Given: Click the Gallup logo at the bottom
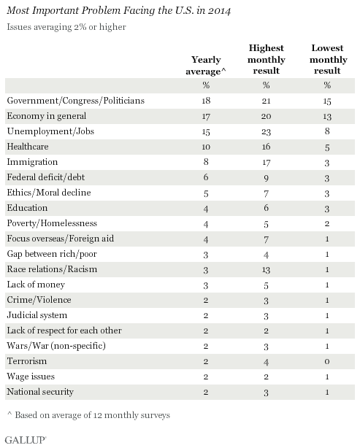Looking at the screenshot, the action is point(26,440).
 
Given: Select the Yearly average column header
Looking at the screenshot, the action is point(206,65).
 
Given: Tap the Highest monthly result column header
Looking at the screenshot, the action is point(267,59).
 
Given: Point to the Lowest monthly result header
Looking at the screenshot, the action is point(328,59).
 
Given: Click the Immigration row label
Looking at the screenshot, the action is point(32,162).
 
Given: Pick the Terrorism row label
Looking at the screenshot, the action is point(27,361).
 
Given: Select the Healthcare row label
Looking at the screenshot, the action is point(28,147).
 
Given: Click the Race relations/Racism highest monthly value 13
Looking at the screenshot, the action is point(267,270).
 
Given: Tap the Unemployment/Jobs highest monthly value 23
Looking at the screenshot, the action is point(267,132).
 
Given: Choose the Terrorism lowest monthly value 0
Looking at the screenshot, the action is point(327,362).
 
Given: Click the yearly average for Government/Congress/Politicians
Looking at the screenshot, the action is point(206,101).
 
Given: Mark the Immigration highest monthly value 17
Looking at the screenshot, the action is point(267,162).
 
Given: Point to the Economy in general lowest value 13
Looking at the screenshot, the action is point(327,116).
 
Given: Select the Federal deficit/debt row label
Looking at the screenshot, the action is point(46,177).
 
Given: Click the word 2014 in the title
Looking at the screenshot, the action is point(219,11).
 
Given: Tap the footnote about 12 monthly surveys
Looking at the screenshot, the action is point(88,415).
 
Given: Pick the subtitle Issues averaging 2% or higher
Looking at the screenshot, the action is point(66,27).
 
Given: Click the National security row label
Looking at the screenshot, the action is point(40,392).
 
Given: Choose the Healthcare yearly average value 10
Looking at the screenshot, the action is point(206,147).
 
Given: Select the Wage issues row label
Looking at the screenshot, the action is point(31,376).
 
